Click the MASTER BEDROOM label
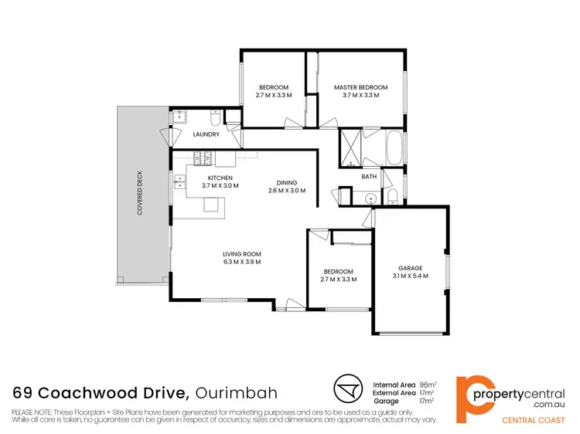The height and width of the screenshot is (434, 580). (x=360, y=87)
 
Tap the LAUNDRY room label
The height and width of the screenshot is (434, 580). (x=206, y=134)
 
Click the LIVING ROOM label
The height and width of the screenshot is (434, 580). (x=241, y=254)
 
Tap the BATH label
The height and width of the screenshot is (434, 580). (x=369, y=177)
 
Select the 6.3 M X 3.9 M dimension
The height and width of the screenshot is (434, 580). (x=241, y=263)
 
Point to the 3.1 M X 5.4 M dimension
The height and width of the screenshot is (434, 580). (x=410, y=276)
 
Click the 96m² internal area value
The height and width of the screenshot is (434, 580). (x=427, y=384)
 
